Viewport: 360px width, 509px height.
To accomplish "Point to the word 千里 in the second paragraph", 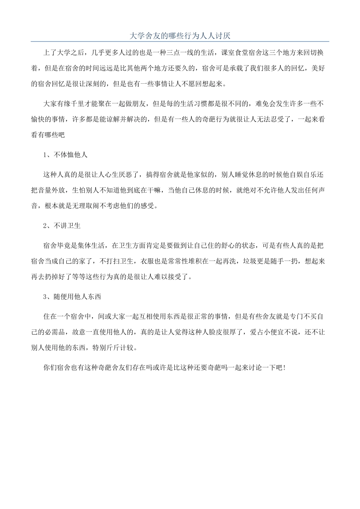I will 86,104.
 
